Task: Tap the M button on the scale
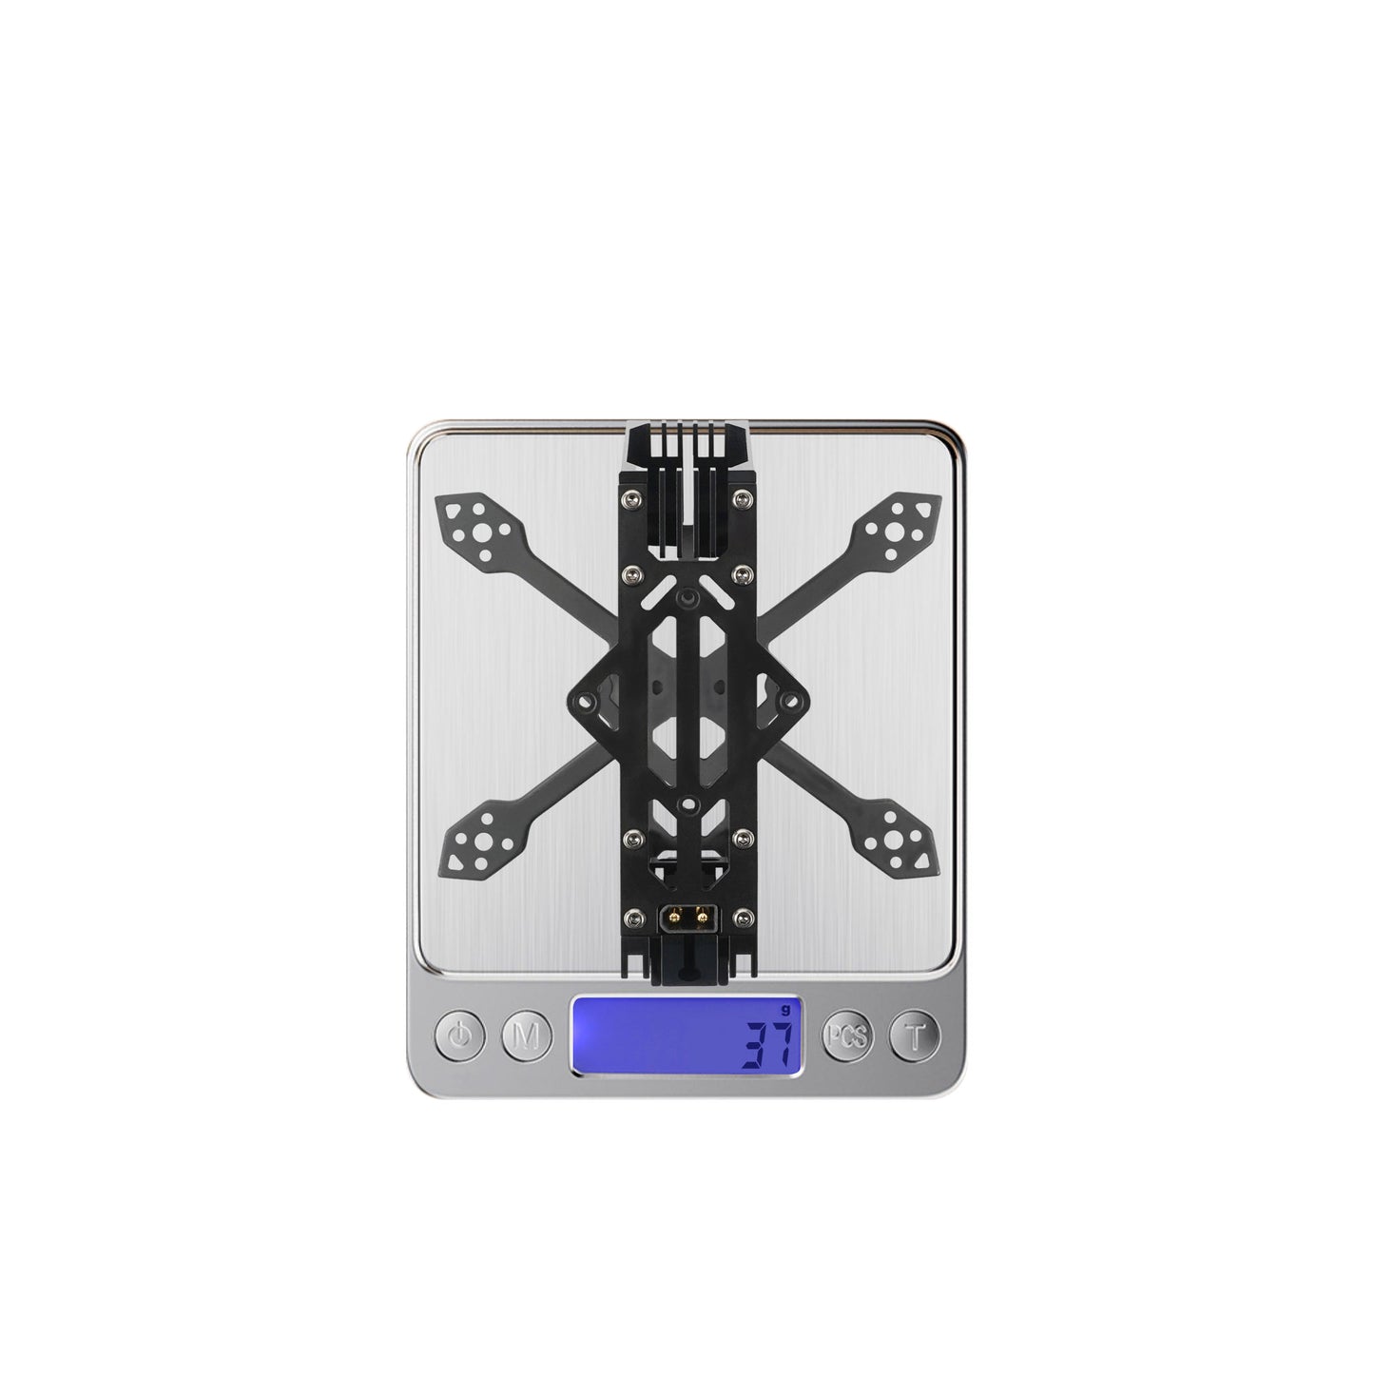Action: pyautogui.click(x=526, y=1035)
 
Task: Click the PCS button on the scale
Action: pyautogui.click(x=847, y=1035)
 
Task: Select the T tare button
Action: pyautogui.click(x=914, y=1035)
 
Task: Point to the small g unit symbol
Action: pyautogui.click(x=786, y=1009)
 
